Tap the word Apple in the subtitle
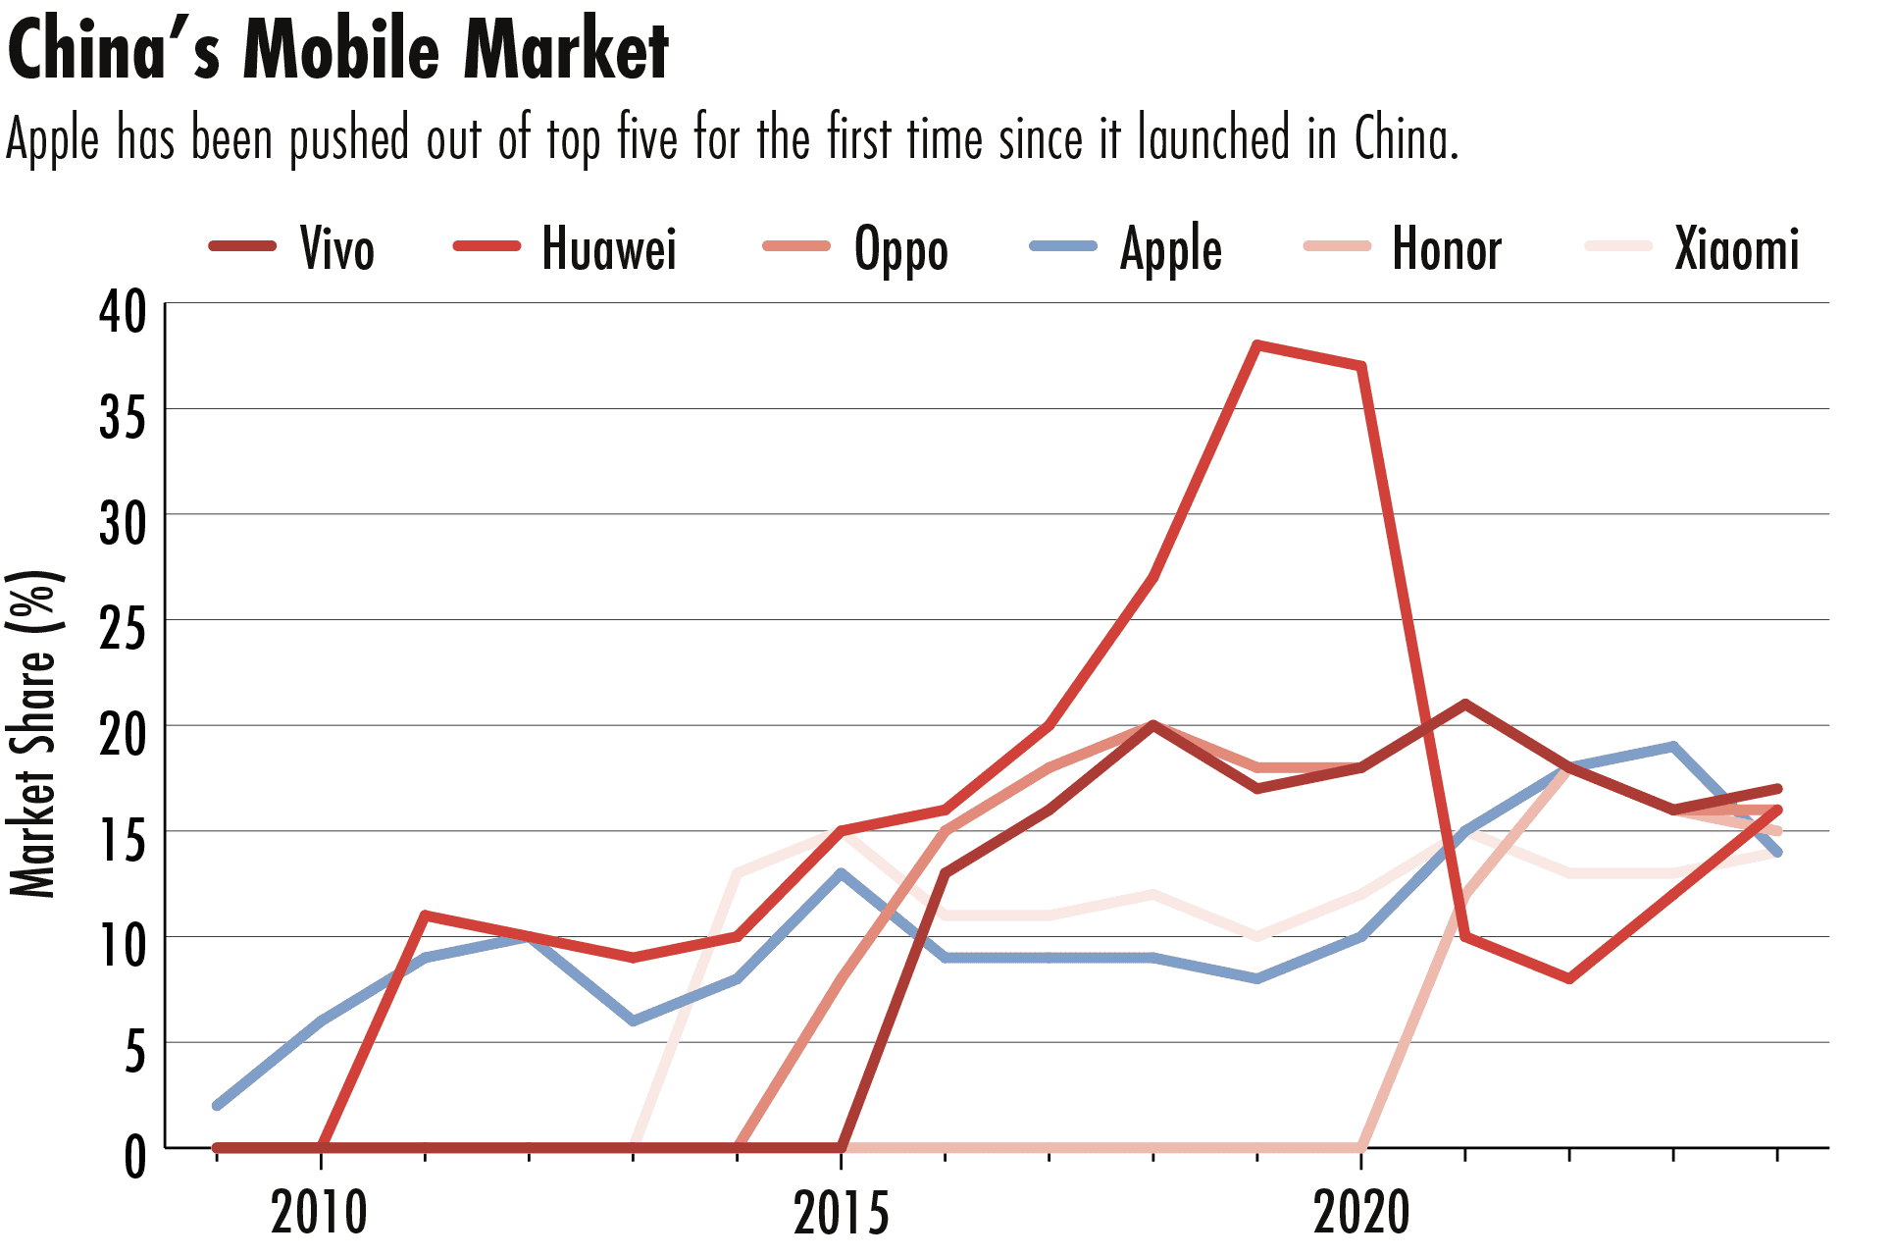pos(52,140)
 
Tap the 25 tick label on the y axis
pos(123,629)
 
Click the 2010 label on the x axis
pos(320,1212)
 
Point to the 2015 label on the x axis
pos(841,1212)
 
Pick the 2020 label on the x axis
pos(1361,1212)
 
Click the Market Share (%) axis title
pos(33,733)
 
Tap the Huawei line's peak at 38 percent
pos(1257,345)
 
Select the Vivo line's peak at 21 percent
pos(1465,705)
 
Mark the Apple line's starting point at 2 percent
pos(217,1106)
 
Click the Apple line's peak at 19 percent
pos(1673,747)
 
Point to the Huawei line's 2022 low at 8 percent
pos(1569,978)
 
